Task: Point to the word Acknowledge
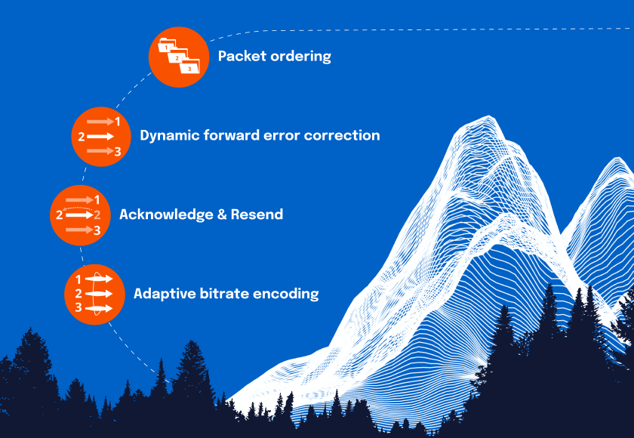[166, 214]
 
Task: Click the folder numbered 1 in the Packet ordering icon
[165, 48]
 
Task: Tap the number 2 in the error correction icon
[82, 137]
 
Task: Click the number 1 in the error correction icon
[118, 121]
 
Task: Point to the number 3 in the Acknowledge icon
[97, 230]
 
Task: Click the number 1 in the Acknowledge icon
[97, 199]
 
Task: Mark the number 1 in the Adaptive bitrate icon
[78, 279]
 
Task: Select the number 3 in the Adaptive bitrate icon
[78, 308]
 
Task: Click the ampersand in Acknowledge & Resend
[223, 214]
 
